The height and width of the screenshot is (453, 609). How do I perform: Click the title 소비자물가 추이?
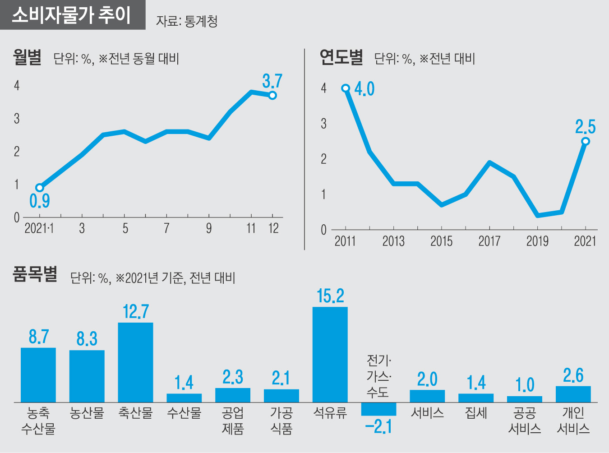tap(71, 15)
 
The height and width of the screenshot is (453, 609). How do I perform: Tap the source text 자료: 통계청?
tap(187, 21)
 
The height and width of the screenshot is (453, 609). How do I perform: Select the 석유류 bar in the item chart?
tap(330, 354)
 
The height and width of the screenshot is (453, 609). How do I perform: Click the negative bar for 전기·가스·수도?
tap(378, 409)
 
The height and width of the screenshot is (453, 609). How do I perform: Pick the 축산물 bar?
tap(135, 362)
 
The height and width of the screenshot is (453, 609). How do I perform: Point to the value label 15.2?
tap(330, 296)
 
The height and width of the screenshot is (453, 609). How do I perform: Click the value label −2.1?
tap(378, 427)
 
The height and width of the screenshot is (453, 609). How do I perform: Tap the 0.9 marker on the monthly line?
tap(40, 188)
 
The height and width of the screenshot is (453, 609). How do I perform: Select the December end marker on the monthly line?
tap(272, 95)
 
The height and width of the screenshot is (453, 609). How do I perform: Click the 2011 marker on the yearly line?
tap(346, 88)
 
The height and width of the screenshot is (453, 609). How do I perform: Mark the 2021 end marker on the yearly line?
tap(586, 141)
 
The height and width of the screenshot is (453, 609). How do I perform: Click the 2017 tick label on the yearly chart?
tap(489, 241)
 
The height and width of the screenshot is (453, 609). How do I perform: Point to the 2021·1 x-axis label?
tap(39, 228)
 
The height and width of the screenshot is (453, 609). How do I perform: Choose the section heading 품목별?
tap(35, 274)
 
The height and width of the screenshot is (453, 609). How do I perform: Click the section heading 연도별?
tap(341, 58)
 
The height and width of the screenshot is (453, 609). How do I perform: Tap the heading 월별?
tap(27, 58)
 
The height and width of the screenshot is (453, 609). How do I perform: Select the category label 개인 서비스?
tap(573, 421)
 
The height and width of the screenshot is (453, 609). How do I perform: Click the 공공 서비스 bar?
tap(524, 399)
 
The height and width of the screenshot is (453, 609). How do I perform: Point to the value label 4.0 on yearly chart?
tap(364, 89)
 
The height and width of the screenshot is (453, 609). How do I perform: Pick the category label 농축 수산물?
tap(38, 421)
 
